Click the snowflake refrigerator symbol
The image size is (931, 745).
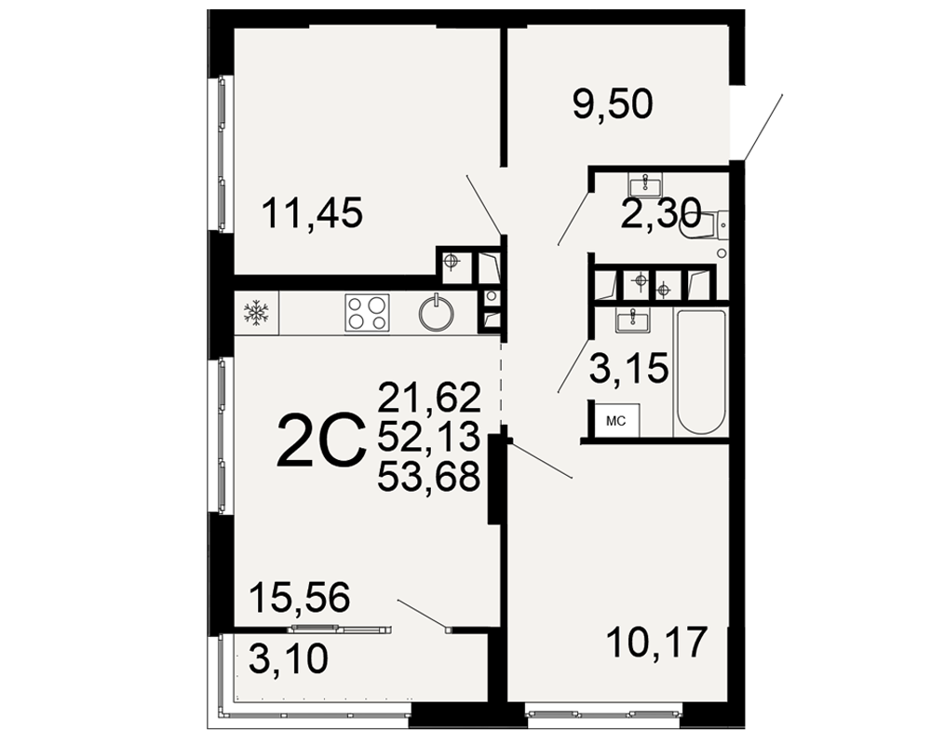click(x=257, y=313)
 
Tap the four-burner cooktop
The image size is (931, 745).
click(x=367, y=313)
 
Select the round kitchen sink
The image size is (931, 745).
click(x=437, y=313)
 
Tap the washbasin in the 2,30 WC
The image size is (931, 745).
click(x=645, y=185)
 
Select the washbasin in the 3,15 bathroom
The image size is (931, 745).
click(x=633, y=321)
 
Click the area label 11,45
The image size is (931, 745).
click(x=312, y=213)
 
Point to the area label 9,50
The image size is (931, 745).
click(x=613, y=104)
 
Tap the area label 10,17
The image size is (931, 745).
click(x=657, y=643)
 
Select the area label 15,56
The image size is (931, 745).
click(x=300, y=597)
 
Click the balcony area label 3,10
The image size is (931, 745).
click(x=289, y=658)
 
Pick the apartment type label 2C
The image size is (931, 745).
click(x=321, y=440)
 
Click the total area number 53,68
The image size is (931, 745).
click(x=428, y=477)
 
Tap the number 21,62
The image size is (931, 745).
click(x=428, y=397)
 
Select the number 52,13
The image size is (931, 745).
click(x=428, y=437)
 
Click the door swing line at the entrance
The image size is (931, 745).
click(x=762, y=128)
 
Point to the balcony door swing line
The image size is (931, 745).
click(x=422, y=615)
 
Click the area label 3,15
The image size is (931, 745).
click(x=628, y=369)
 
